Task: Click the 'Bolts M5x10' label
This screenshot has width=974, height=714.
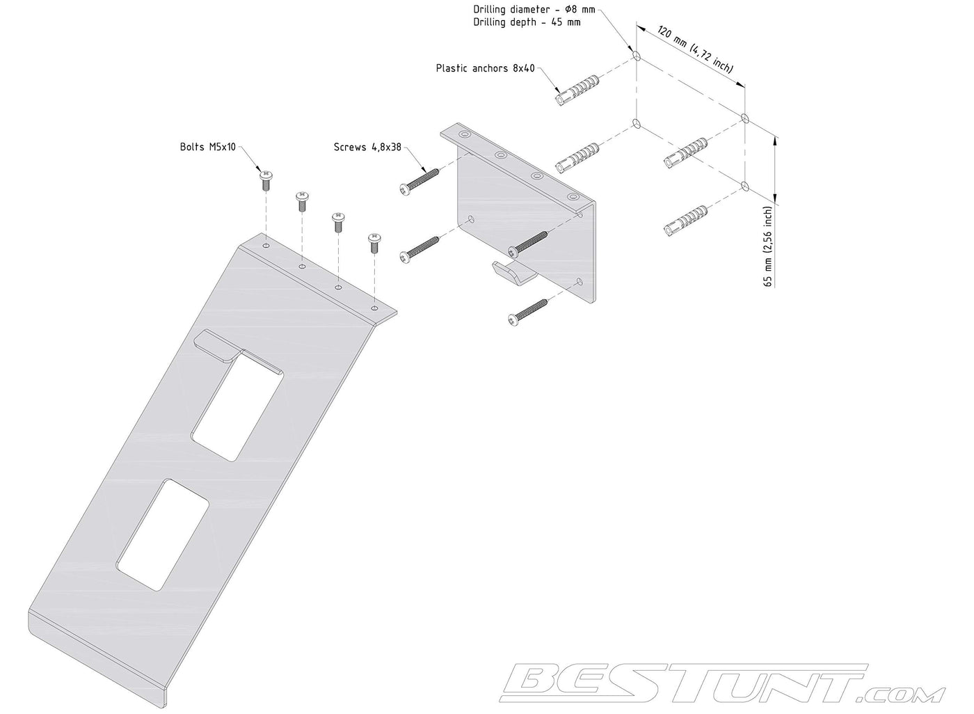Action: [208, 147]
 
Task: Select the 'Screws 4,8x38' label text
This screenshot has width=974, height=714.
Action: [367, 147]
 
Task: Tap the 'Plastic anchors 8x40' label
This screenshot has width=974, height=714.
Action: [486, 68]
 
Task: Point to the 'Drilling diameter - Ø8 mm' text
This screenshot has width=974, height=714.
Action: [534, 9]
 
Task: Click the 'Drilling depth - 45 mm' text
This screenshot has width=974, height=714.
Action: [527, 22]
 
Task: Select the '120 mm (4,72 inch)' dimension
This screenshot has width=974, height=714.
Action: [695, 49]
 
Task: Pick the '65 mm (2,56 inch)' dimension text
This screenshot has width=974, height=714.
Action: [768, 246]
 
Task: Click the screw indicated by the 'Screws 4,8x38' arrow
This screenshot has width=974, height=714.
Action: [419, 182]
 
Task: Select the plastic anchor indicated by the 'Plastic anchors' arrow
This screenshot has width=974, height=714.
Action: [578, 90]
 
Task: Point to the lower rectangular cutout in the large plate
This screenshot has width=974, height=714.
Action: [163, 535]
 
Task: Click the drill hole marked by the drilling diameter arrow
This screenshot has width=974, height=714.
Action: [637, 56]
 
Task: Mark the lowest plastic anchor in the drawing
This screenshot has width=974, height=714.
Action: [686, 220]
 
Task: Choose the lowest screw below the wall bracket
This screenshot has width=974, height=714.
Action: [527, 312]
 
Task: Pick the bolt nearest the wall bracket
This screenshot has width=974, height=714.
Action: [374, 243]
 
